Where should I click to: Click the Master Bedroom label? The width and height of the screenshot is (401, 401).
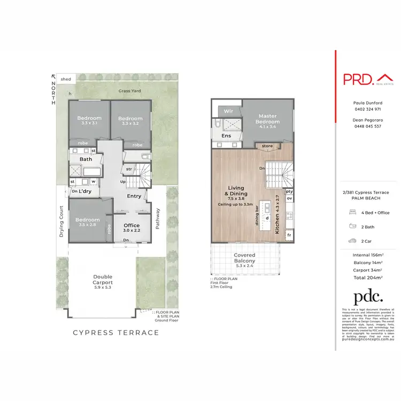coord(267,118)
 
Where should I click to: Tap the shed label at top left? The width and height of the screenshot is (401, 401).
coord(66,79)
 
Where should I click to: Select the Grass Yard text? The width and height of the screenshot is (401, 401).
coord(130,91)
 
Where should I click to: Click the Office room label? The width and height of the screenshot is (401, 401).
coord(132,226)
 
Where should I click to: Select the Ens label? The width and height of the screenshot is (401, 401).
coord(226,136)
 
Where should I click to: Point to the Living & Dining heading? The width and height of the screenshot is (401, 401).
coord(235,191)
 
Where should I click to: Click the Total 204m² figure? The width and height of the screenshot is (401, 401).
coord(368,277)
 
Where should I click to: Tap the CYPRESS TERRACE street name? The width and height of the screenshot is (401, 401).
coord(116,333)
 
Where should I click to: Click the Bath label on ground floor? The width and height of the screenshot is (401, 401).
coord(86,159)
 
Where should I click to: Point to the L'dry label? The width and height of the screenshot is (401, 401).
coord(86,191)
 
